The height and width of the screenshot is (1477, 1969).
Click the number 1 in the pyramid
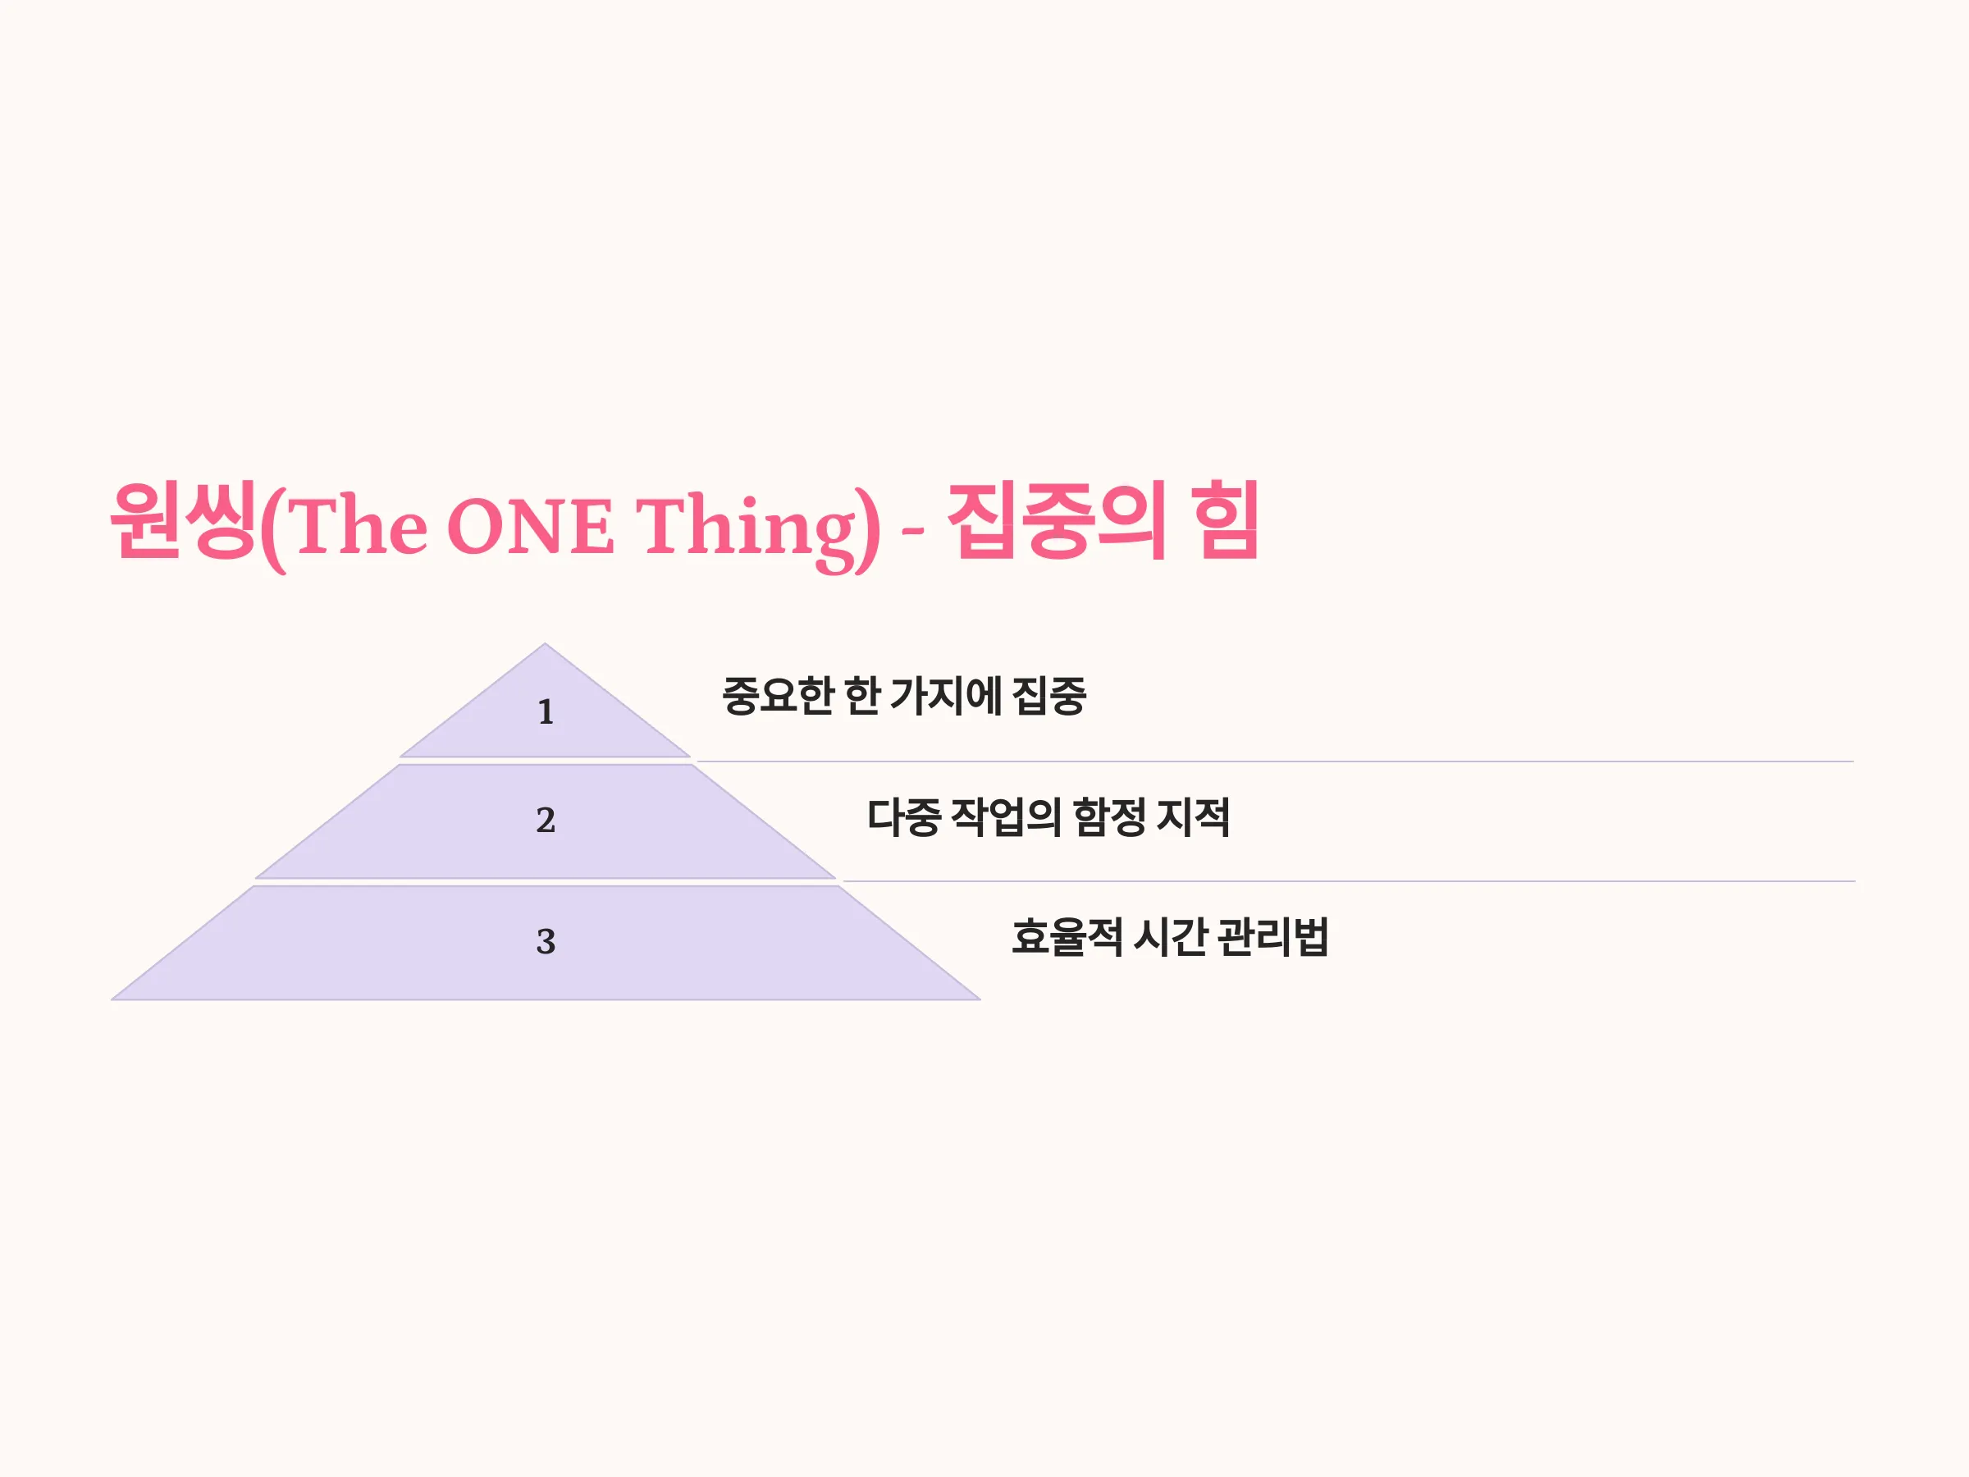click(546, 712)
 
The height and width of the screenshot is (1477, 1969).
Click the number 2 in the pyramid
click(546, 820)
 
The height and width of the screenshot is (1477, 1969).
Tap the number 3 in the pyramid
click(546, 941)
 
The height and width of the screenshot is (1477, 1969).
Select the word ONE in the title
click(531, 525)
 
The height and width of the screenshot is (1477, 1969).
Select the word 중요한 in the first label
click(776, 696)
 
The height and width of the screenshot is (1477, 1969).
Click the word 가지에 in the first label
click(946, 696)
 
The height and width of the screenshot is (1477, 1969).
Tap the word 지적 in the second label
click(1194, 817)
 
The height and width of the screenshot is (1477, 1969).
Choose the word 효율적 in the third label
click(1067, 937)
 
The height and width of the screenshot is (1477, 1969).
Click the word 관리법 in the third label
click(1274, 937)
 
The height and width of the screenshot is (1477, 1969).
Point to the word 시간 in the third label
click(1170, 937)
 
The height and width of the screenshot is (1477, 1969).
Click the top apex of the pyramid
click(545, 643)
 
